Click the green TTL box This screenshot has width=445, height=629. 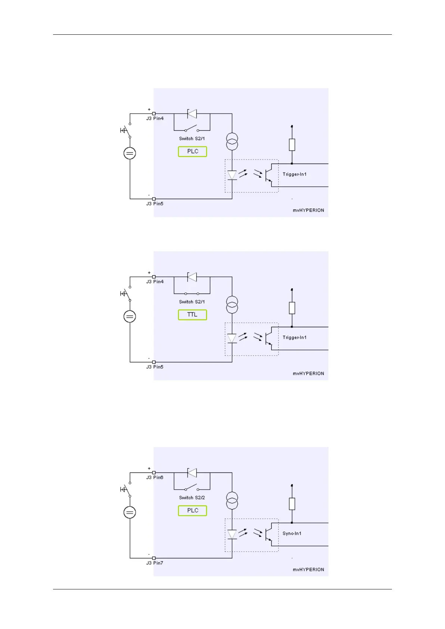point(192,314)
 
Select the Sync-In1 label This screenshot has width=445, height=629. point(292,533)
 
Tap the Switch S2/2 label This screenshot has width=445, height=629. point(192,498)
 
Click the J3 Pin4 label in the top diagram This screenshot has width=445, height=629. point(155,118)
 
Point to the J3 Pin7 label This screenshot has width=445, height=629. point(155,563)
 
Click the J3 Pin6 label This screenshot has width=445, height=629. point(155,477)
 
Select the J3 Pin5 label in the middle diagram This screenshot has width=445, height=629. point(155,367)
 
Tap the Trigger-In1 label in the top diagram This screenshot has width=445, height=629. point(294,174)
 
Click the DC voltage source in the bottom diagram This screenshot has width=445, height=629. point(130,512)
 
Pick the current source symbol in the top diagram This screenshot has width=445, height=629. point(232,142)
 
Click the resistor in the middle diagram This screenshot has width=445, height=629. point(292,308)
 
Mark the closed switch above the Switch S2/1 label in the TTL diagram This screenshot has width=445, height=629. point(192,294)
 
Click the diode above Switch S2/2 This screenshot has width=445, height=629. point(192,473)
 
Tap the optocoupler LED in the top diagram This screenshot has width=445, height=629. point(232,175)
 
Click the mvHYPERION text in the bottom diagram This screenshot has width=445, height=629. point(308,570)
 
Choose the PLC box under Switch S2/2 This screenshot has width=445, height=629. point(192,511)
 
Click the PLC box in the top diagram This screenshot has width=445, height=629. point(192,151)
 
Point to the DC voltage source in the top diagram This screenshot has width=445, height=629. point(130,153)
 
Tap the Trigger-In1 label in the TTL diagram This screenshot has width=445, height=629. point(294,337)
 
